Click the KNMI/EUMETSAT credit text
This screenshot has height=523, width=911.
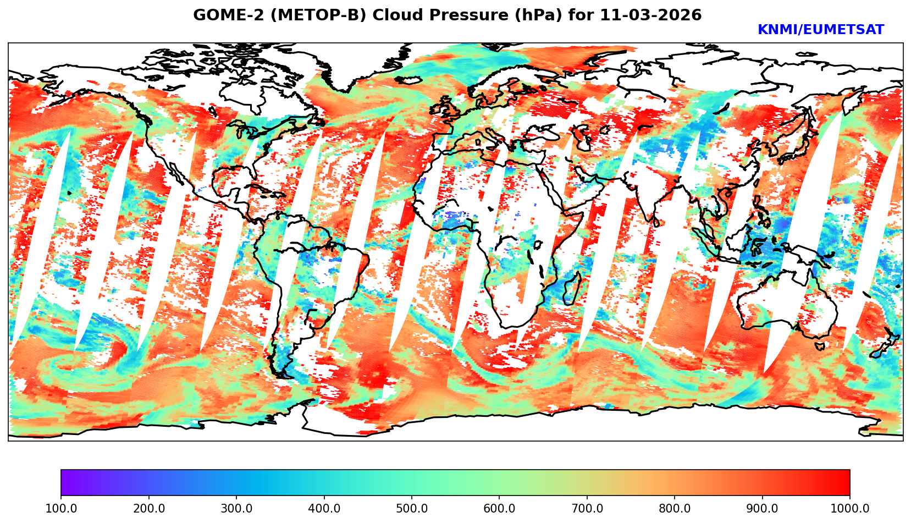821,30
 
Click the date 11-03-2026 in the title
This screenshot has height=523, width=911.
651,15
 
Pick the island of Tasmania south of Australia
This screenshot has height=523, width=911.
820,346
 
